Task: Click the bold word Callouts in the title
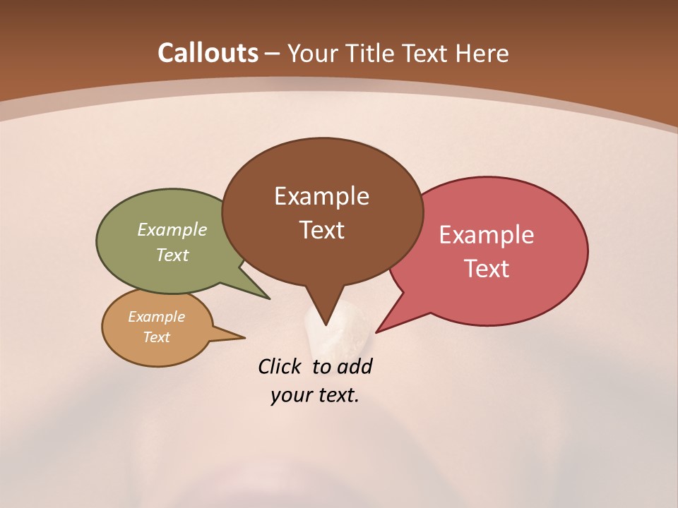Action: click(x=208, y=53)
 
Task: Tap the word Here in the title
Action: click(x=483, y=53)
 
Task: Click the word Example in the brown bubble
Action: click(x=321, y=196)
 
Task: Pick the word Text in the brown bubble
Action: click(x=321, y=230)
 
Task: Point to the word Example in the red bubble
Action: click(x=487, y=235)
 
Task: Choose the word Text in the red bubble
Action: click(x=487, y=269)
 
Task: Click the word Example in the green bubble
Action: click(x=172, y=229)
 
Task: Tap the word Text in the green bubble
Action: click(x=172, y=255)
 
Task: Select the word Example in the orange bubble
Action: click(x=156, y=317)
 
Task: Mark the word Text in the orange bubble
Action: click(x=156, y=337)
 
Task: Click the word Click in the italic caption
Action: click(x=279, y=366)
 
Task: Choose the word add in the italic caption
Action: click(x=354, y=366)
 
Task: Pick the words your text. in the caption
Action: click(x=315, y=395)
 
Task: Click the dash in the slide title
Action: click(x=273, y=53)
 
